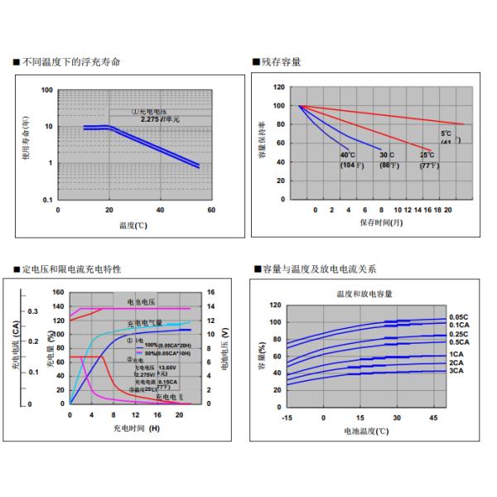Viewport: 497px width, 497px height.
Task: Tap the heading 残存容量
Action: [281, 62]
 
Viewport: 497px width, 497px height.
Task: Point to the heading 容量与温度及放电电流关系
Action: [319, 269]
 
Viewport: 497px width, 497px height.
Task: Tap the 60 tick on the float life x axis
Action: [211, 210]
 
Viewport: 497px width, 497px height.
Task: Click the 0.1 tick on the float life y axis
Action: [47, 200]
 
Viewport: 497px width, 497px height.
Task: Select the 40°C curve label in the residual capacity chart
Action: [347, 155]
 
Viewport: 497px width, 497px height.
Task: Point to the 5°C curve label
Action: [446, 133]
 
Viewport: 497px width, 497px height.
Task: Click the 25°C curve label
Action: [427, 155]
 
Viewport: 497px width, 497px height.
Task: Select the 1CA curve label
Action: [456, 354]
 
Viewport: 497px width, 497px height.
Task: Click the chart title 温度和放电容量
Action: [364, 294]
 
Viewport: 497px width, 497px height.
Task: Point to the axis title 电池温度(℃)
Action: [365, 432]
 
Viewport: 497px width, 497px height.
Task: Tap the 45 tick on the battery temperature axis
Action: [433, 417]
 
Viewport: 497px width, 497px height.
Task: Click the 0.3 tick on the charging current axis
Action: [33, 311]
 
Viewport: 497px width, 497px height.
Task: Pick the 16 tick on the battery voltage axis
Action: [211, 292]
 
